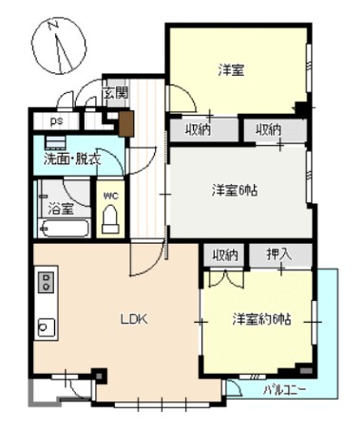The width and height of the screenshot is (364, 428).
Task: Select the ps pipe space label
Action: coord(56,121)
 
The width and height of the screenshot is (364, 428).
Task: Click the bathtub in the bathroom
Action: coord(64,229)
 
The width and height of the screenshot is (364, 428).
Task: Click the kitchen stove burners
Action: coord(46,282)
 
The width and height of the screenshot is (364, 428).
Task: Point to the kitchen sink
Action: coord(45,327)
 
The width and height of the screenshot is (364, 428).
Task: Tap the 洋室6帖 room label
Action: coord(235,190)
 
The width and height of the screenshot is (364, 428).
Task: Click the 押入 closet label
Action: coord(278,254)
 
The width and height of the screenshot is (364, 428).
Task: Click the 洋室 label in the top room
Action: coord(231,69)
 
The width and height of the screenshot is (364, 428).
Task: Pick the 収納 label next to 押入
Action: coord(225,254)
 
